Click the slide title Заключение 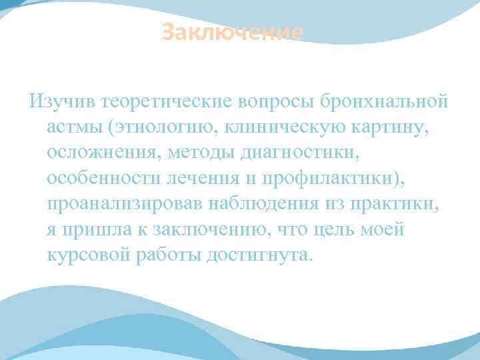(233, 32)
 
